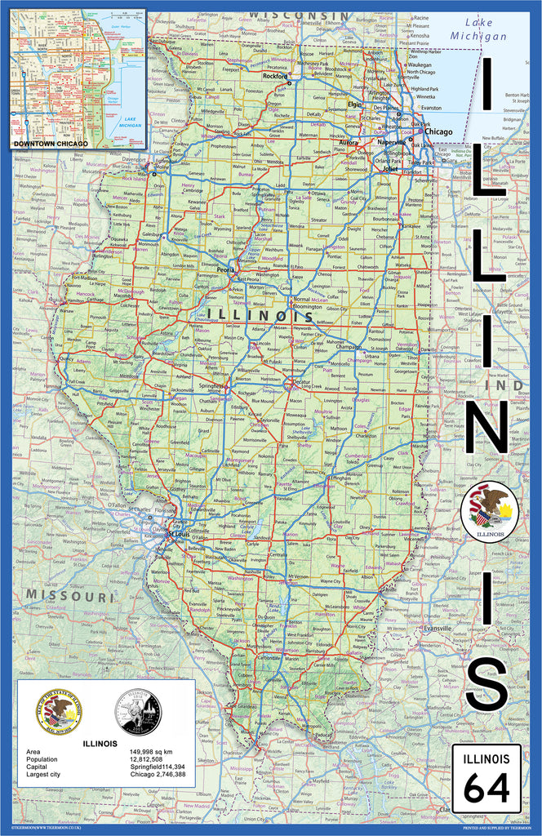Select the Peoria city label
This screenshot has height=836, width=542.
(226, 268)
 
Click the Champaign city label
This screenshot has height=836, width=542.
(347, 346)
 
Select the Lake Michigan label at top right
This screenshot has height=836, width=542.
(479, 30)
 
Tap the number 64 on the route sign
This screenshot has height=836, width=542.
(486, 788)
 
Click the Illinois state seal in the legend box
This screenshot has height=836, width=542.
(59, 711)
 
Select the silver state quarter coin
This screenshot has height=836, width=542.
(137, 711)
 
